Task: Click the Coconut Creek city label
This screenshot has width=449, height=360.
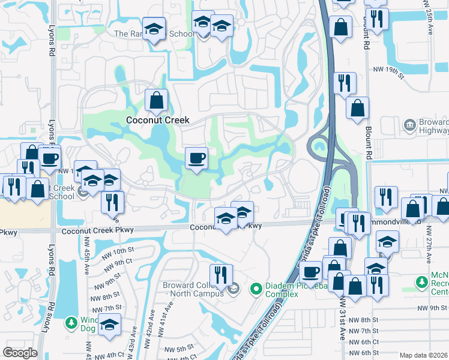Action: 157,120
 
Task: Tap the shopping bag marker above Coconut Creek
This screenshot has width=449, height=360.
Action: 156,102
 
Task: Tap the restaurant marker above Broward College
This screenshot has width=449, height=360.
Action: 221,276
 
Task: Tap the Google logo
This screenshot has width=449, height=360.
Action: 20,352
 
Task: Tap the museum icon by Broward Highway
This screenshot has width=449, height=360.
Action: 411,125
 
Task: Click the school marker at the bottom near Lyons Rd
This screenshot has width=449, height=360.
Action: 110,326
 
